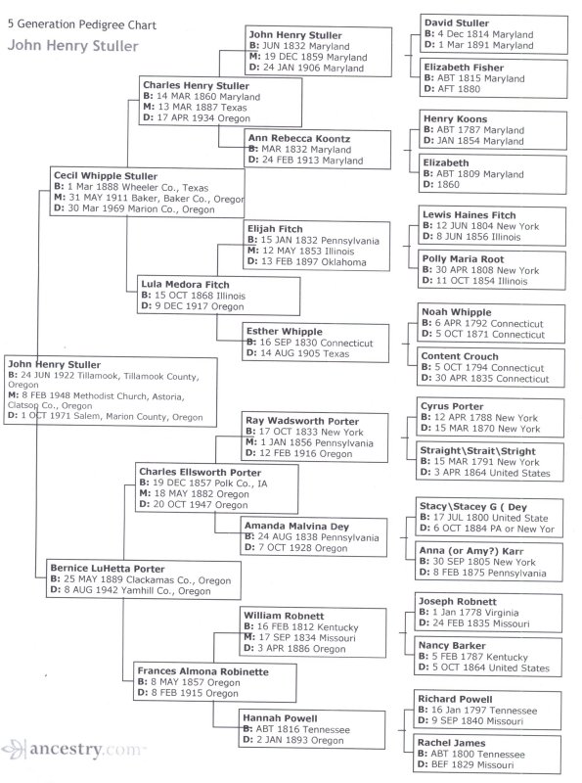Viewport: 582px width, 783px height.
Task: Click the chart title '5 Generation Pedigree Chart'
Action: click(82, 24)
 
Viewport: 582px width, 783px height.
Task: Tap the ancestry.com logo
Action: click(73, 749)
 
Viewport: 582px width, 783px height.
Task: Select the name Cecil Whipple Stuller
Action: click(106, 176)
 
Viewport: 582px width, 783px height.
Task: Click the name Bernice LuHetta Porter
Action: click(108, 569)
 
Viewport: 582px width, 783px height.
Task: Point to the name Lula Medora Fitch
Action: click(185, 284)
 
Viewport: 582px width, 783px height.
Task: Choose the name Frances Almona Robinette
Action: click(202, 671)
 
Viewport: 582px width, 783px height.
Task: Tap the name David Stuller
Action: click(456, 23)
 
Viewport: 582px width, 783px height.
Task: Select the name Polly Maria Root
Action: click(463, 259)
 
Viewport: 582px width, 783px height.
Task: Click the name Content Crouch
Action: click(459, 356)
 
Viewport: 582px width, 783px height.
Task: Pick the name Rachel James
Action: click(451, 743)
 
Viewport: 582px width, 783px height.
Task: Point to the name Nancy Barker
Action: click(452, 646)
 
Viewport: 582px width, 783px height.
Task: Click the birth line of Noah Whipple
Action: click(482, 323)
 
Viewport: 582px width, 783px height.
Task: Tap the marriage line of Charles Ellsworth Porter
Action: click(195, 494)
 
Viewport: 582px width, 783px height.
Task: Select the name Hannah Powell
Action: click(280, 718)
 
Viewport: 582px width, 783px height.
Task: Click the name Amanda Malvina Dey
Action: click(296, 526)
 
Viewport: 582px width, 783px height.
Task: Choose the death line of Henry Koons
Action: click(473, 141)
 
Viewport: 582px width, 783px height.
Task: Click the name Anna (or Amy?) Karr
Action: click(471, 551)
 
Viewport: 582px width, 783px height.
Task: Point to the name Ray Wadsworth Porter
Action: click(302, 421)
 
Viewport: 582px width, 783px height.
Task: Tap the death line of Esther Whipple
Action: click(297, 353)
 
